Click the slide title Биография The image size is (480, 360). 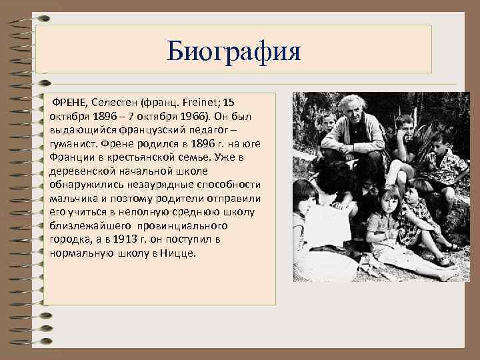point(234,51)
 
